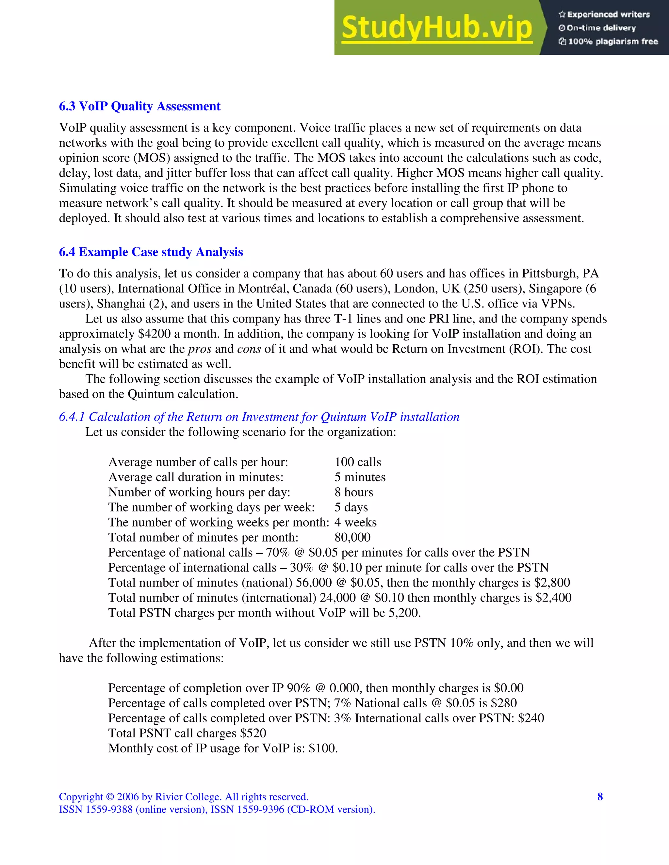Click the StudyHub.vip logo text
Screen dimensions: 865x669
[x=436, y=28]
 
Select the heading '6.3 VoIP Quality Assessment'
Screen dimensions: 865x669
[x=139, y=106]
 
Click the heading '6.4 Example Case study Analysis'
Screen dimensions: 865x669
[x=151, y=252]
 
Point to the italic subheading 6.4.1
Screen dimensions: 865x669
[x=259, y=417]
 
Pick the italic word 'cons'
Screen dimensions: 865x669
[x=249, y=349]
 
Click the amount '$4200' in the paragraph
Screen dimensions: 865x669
[x=154, y=334]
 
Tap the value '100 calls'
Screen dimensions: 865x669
[x=357, y=462]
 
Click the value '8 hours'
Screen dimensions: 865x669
[x=353, y=492]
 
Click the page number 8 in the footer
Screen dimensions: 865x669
[x=600, y=796]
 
